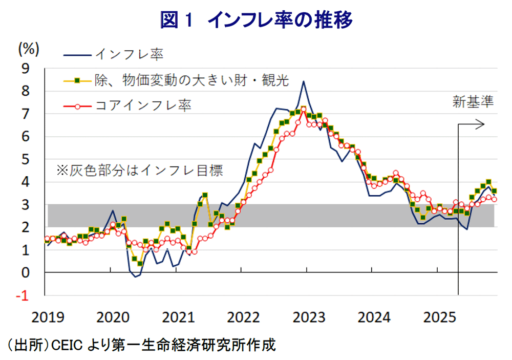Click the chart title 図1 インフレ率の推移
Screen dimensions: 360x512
[256, 20]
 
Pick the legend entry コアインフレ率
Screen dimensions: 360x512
[143, 105]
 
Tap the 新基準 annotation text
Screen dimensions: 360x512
[473, 102]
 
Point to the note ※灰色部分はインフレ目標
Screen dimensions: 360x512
[139, 171]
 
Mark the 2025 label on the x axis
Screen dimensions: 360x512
[436, 317]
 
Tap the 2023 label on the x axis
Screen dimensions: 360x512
[306, 317]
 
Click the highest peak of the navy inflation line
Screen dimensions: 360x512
[304, 81]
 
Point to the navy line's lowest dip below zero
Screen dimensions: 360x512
[135, 277]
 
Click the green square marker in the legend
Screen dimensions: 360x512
[77, 80]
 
